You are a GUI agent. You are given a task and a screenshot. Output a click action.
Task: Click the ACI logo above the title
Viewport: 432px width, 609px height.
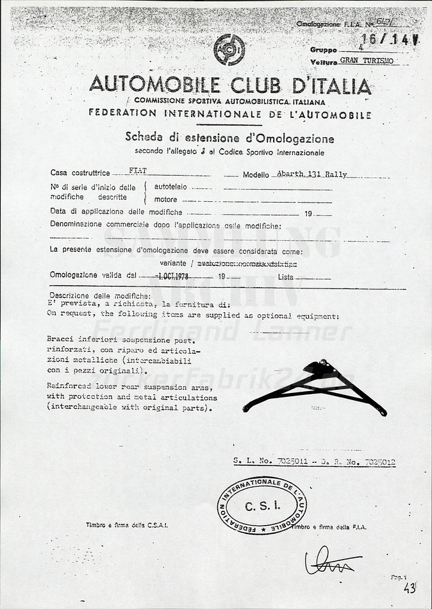click(228, 50)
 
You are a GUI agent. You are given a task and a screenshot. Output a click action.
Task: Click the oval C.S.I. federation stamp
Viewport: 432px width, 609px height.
click(262, 505)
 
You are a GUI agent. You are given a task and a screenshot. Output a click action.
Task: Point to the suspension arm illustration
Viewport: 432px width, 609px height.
click(315, 388)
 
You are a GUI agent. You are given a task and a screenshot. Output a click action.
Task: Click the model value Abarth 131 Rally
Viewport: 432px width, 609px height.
click(310, 174)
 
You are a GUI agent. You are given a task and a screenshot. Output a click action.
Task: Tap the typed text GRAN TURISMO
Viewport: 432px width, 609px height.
click(366, 61)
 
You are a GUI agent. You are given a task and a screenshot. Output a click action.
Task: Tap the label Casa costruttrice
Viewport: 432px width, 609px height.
click(80, 173)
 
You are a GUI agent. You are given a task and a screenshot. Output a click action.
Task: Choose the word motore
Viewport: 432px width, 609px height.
click(165, 199)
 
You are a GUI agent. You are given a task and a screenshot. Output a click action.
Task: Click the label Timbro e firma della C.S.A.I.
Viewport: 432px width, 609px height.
click(127, 525)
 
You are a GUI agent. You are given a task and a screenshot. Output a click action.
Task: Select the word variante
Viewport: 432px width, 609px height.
click(191, 263)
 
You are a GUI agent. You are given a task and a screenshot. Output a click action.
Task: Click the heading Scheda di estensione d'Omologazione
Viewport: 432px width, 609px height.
click(229, 138)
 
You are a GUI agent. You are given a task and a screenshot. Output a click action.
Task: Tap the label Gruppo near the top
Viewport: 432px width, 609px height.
click(324, 49)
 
